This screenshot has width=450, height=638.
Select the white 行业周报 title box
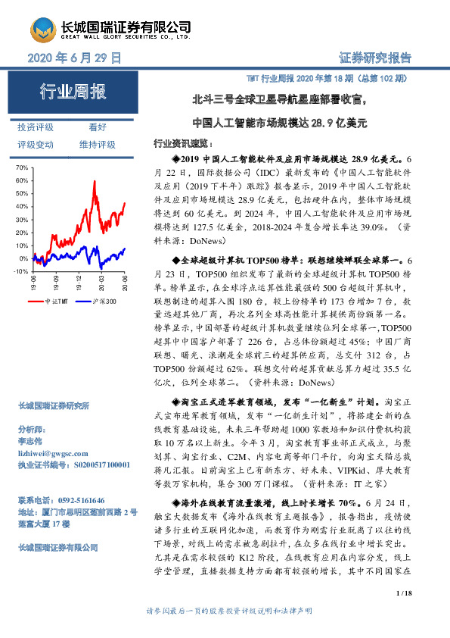(73, 92)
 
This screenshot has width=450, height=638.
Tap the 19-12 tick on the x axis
(79, 283)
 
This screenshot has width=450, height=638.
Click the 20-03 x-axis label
(101, 283)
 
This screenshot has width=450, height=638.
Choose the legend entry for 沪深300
(104, 302)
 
